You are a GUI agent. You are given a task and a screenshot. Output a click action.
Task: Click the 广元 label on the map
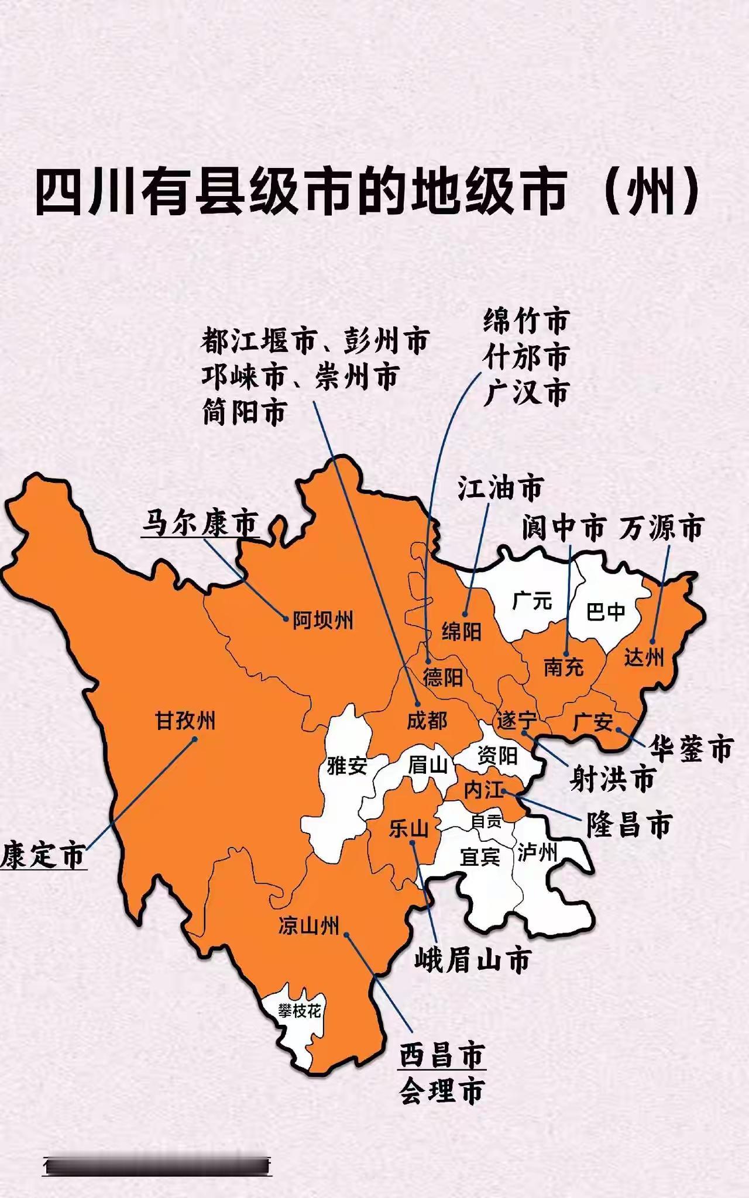coord(532,601)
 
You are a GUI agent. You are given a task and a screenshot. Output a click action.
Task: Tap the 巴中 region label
coord(606,612)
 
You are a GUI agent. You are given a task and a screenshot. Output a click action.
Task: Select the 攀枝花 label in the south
coord(300,1011)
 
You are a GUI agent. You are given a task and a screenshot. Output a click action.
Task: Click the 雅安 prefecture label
coord(346,765)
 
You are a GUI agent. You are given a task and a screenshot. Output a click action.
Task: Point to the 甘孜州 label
coord(185,721)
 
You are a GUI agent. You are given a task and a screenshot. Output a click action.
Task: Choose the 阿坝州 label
coord(323,620)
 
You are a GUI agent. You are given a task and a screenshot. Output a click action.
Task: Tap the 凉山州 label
coord(308,926)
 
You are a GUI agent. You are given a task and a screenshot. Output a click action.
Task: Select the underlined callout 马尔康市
coord(200,522)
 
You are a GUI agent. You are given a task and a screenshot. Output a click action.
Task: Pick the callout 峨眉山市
coord(473,960)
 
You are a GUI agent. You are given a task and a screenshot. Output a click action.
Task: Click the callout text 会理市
coord(442,1092)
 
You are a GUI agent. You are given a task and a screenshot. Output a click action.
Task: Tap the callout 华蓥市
coord(691,748)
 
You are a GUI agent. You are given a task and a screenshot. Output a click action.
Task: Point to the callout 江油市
coord(500,488)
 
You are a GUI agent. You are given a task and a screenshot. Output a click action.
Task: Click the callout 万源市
coord(661,528)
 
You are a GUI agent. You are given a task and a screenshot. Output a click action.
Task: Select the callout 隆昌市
coord(629,825)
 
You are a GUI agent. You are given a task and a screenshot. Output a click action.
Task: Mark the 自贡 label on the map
coord(486,822)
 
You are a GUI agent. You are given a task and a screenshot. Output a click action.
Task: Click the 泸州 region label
coord(537,853)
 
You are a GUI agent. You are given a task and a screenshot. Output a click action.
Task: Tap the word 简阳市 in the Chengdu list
coord(245,412)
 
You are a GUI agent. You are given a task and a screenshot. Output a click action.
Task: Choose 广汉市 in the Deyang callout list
coord(525,392)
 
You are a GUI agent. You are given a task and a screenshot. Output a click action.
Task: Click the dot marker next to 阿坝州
coord(286,618)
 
